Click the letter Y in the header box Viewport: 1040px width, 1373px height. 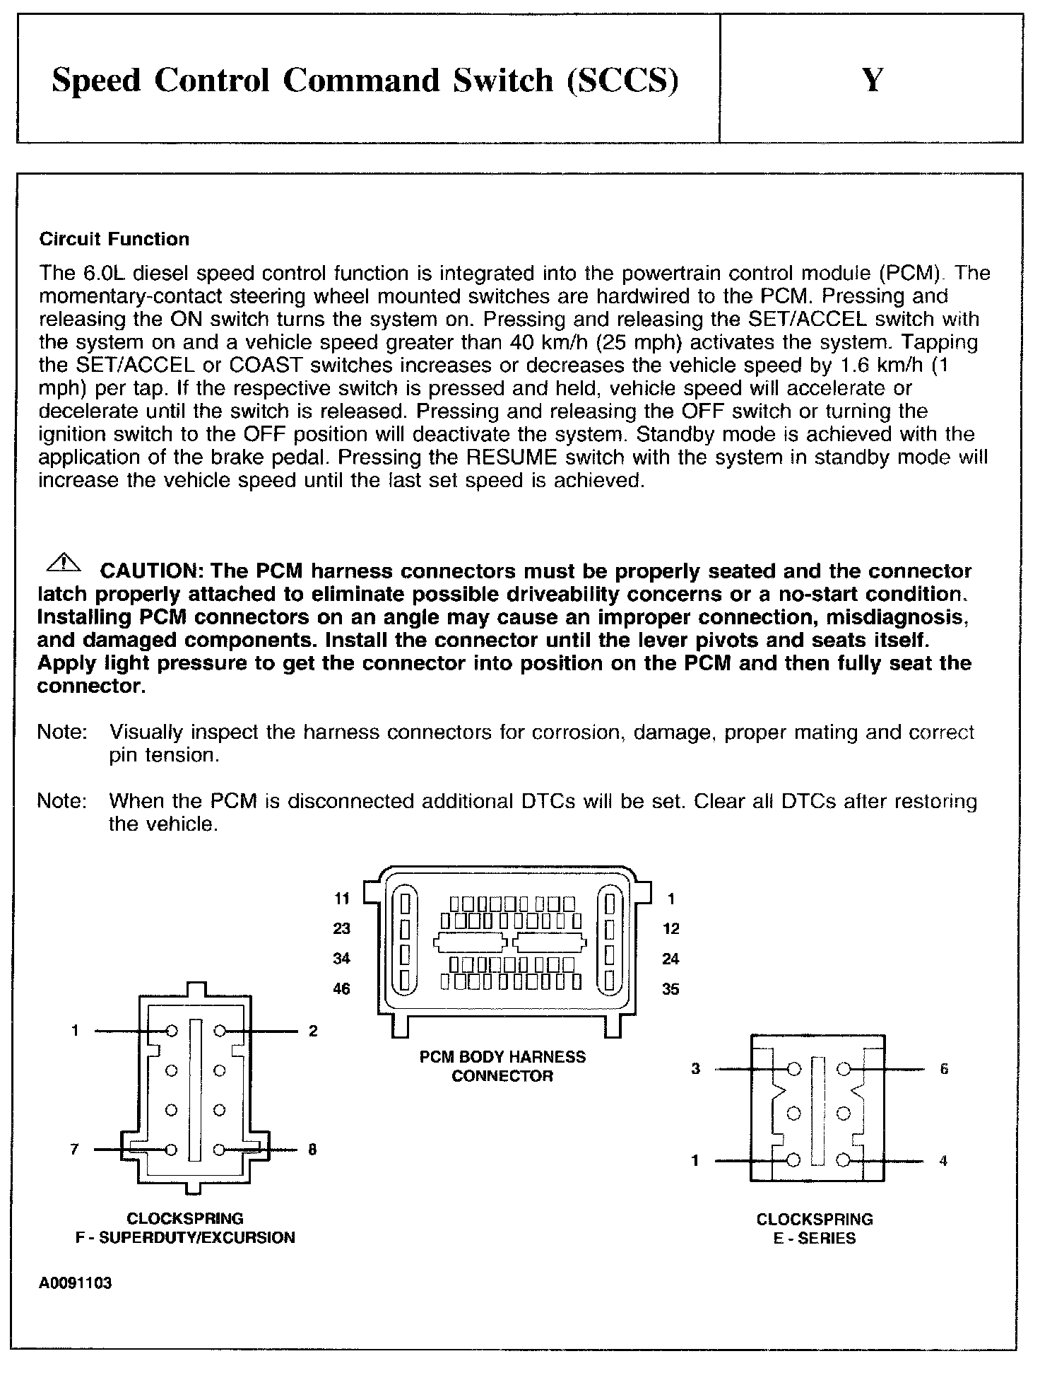[x=873, y=80]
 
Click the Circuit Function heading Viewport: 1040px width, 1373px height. [x=114, y=239]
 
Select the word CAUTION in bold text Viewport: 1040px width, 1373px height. [x=152, y=571]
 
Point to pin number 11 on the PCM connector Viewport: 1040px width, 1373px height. [x=342, y=899]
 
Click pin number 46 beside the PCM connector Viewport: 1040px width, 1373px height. [x=342, y=988]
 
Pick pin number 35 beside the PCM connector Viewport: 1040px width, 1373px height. [x=670, y=989]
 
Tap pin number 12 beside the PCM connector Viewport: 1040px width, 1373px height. [x=670, y=928]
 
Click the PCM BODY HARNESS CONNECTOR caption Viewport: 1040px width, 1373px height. [x=502, y=1066]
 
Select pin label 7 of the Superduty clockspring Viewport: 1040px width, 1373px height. [x=75, y=1149]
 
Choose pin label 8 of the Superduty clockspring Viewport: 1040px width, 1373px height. [x=312, y=1149]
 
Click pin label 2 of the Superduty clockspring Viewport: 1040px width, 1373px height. [x=313, y=1031]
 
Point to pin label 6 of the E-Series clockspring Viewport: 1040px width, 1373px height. [x=944, y=1068]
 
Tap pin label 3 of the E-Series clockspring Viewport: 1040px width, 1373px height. [x=696, y=1068]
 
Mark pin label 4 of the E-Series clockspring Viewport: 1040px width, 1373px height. [x=943, y=1160]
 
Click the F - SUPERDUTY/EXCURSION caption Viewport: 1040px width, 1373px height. [x=185, y=1237]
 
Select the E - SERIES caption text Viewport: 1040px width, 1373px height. [x=815, y=1238]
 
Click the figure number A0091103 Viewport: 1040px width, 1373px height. [x=76, y=1283]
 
